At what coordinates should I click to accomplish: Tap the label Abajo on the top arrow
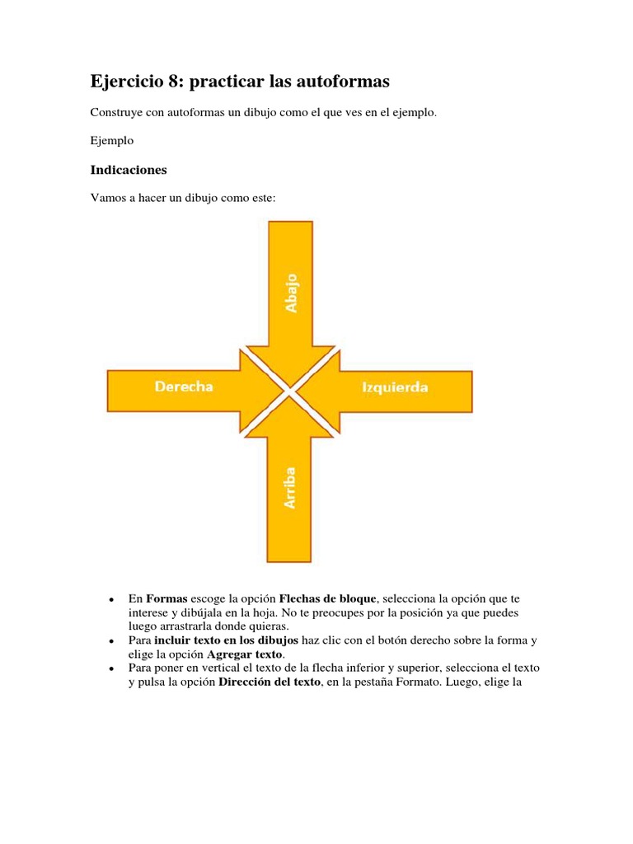(291, 293)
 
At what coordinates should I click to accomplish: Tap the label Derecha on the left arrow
(183, 387)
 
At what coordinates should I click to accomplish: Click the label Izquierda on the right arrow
(395, 387)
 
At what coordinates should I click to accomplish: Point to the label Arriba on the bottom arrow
(290, 488)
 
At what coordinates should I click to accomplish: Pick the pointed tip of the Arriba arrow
(290, 401)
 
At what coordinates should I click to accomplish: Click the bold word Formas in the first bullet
(167, 598)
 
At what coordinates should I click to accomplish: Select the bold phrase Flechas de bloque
(327, 598)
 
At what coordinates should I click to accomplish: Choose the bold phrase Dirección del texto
(269, 682)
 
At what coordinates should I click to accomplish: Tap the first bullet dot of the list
(110, 598)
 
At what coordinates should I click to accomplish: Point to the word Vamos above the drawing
(108, 198)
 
